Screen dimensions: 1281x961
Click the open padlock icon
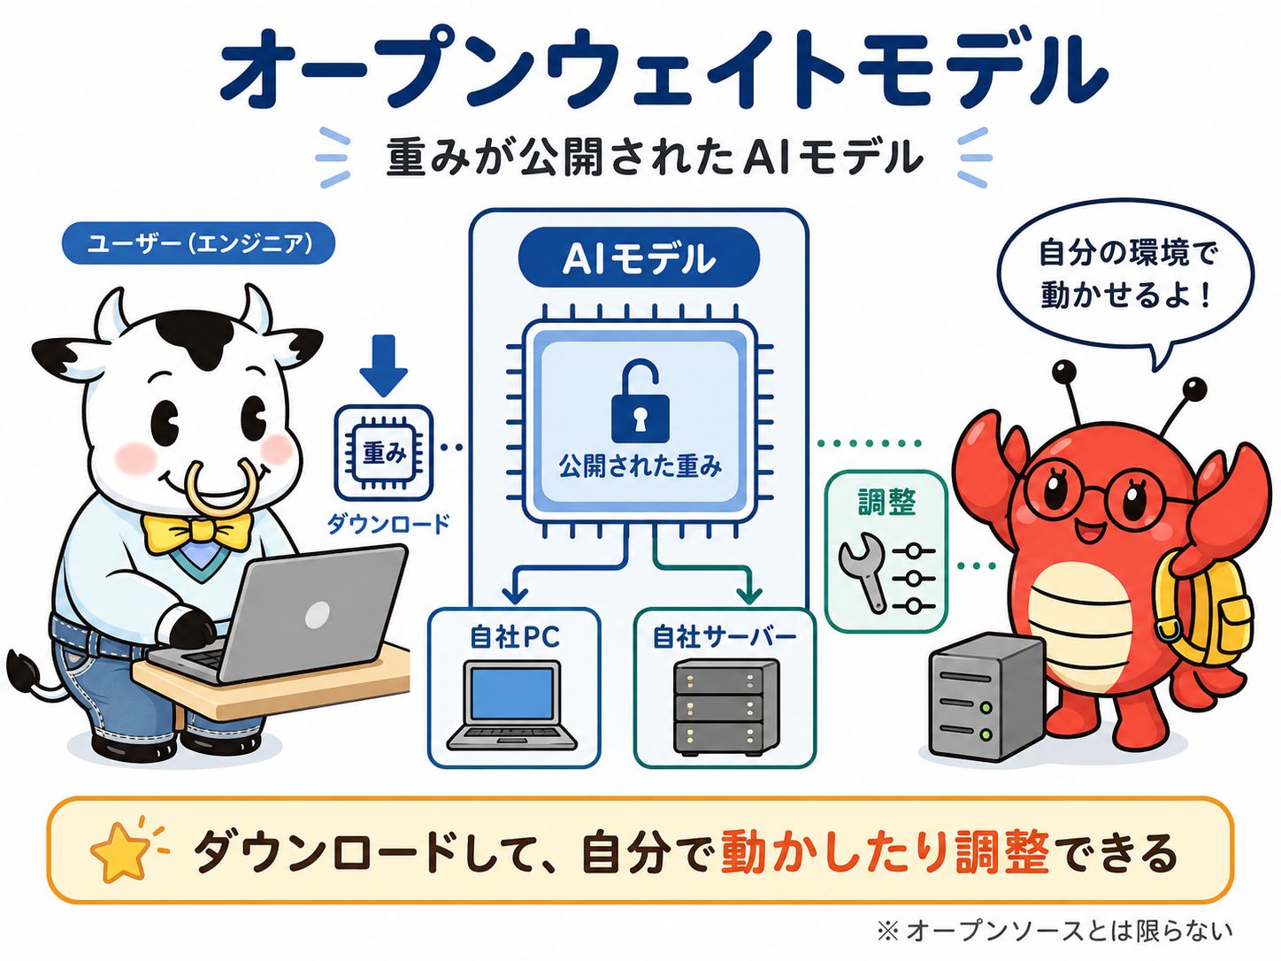640,402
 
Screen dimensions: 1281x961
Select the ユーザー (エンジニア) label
198,243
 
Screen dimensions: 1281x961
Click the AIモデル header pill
639,259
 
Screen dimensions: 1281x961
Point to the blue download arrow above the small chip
383,365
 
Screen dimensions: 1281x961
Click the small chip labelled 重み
383,453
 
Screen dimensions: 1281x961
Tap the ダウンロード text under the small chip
388,523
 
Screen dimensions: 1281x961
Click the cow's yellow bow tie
197,532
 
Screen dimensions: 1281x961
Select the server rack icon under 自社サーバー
725,707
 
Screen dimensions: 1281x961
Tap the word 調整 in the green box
886,503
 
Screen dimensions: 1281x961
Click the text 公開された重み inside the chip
640,467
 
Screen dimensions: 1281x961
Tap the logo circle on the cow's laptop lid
317,614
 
